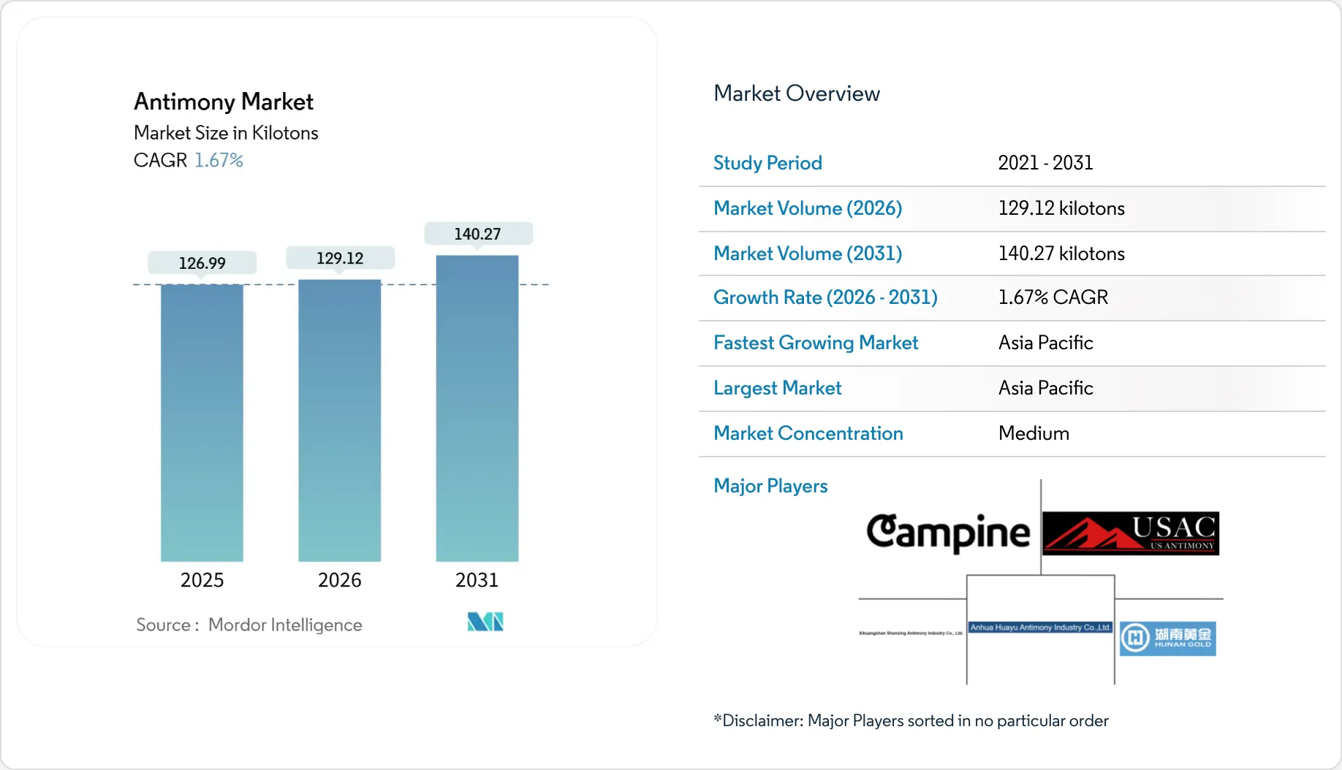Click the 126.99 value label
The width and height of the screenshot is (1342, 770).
coord(202,263)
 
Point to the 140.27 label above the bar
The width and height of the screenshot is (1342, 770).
coord(477,234)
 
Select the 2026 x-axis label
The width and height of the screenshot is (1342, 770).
coord(339,580)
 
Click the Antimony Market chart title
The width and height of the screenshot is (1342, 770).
coord(224,102)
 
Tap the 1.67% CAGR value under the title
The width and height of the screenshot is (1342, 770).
coord(219,160)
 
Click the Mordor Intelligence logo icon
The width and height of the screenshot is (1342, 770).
coord(485,622)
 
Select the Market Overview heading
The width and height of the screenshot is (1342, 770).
coord(796,94)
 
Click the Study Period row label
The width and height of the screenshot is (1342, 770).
coord(767,163)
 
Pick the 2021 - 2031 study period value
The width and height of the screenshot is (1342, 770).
coord(1045,163)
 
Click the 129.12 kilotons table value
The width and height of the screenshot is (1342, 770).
coord(1061,208)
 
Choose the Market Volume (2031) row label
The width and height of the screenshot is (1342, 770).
coord(808,254)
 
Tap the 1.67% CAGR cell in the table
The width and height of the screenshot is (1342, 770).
coord(1053,297)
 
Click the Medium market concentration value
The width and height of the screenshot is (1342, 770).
coord(1034,433)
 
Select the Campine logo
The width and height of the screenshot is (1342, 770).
coord(948,533)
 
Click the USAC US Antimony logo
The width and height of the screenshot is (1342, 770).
coord(1130,533)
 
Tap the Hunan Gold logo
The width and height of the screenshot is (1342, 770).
coord(1167,638)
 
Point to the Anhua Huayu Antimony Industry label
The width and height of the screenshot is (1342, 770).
coord(1040,628)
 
